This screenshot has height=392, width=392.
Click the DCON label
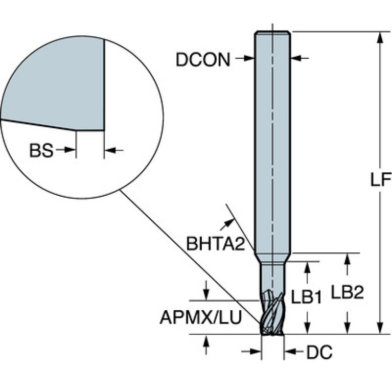(x=203, y=60)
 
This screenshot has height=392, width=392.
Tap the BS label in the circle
(x=41, y=150)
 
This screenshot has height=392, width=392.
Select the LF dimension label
(x=380, y=179)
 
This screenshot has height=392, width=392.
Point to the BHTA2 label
(x=216, y=243)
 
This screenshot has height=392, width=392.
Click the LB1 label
(x=306, y=297)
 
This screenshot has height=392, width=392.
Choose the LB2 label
(x=347, y=292)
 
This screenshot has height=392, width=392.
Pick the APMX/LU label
(x=201, y=317)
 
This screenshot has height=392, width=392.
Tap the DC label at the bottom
(x=319, y=352)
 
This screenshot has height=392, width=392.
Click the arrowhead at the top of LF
(x=380, y=37)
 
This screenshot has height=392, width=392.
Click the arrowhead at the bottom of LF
(x=380, y=328)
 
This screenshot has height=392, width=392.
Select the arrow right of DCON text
(x=245, y=58)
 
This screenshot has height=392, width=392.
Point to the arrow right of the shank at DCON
(x=299, y=58)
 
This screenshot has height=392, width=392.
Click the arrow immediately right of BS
(x=65, y=150)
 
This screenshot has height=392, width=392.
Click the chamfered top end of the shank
(x=272, y=33)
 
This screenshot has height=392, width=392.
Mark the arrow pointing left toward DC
(x=294, y=352)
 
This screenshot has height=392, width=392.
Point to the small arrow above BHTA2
(x=227, y=224)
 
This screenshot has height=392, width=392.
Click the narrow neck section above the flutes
(x=272, y=276)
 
